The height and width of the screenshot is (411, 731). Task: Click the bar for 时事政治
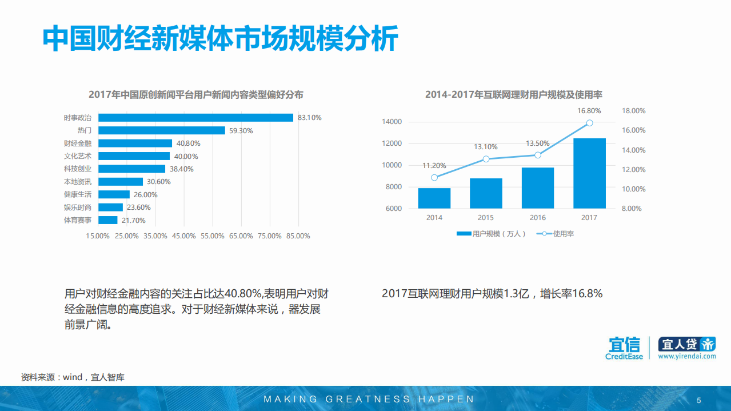point(195,118)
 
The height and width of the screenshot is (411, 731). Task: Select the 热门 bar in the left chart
point(162,130)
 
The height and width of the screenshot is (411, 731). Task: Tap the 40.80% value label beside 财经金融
point(187,143)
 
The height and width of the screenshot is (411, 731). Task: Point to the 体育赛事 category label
point(77,220)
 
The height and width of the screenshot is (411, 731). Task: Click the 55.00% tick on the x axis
point(213,236)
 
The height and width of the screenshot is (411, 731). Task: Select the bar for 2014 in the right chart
point(434,198)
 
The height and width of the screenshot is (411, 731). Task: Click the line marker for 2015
point(486,159)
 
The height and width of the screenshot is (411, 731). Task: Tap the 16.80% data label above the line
point(589,111)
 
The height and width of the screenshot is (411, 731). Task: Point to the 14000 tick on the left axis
point(392,122)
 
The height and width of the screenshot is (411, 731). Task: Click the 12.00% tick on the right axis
point(633,170)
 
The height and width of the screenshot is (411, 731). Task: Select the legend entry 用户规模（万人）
point(491,234)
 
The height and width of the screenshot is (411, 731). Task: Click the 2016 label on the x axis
point(538,218)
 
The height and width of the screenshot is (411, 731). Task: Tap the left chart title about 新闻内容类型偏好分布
point(195,95)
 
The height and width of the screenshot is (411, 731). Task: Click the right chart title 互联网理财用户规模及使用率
point(514,95)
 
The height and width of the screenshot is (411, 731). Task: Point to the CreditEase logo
point(624,348)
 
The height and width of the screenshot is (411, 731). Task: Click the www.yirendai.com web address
point(686,356)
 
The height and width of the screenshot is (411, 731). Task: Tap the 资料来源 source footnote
point(73,377)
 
